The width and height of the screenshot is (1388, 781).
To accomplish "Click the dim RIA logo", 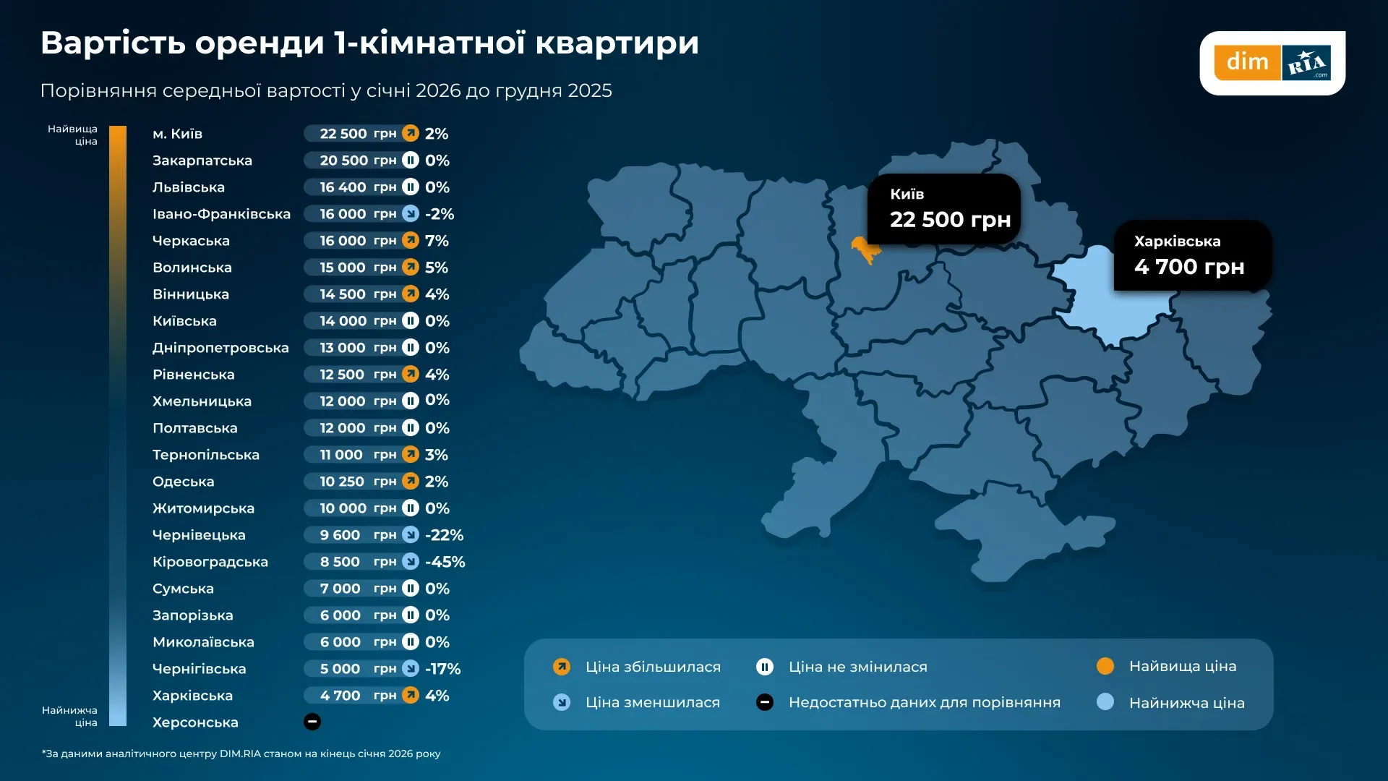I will (1272, 63).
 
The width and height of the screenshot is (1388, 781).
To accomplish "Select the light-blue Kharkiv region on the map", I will (1106, 304).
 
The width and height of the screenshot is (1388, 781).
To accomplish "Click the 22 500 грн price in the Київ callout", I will (949, 219).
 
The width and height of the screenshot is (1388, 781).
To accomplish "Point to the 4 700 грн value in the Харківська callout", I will (1188, 267).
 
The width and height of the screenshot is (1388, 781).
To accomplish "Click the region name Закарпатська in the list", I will (202, 161).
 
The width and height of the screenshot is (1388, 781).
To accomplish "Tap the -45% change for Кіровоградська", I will (445, 562).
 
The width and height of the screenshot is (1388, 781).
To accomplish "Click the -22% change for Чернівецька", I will (444, 535).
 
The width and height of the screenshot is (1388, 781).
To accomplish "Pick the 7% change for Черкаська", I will (437, 241).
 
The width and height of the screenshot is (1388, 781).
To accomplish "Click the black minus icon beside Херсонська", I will (312, 722).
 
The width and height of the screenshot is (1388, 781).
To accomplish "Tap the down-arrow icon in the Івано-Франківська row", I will (411, 213).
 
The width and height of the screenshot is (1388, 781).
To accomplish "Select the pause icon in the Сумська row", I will (411, 588).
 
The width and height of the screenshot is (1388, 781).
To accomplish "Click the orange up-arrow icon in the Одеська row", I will (411, 481).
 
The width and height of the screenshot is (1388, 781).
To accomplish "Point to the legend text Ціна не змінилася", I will (857, 667).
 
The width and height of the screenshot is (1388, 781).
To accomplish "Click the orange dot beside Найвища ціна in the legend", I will (1105, 666).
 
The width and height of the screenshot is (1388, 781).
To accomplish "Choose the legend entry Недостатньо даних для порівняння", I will (924, 702).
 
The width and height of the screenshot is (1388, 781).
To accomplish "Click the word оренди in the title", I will (260, 43).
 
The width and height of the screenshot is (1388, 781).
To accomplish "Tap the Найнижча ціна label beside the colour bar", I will (70, 716).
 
